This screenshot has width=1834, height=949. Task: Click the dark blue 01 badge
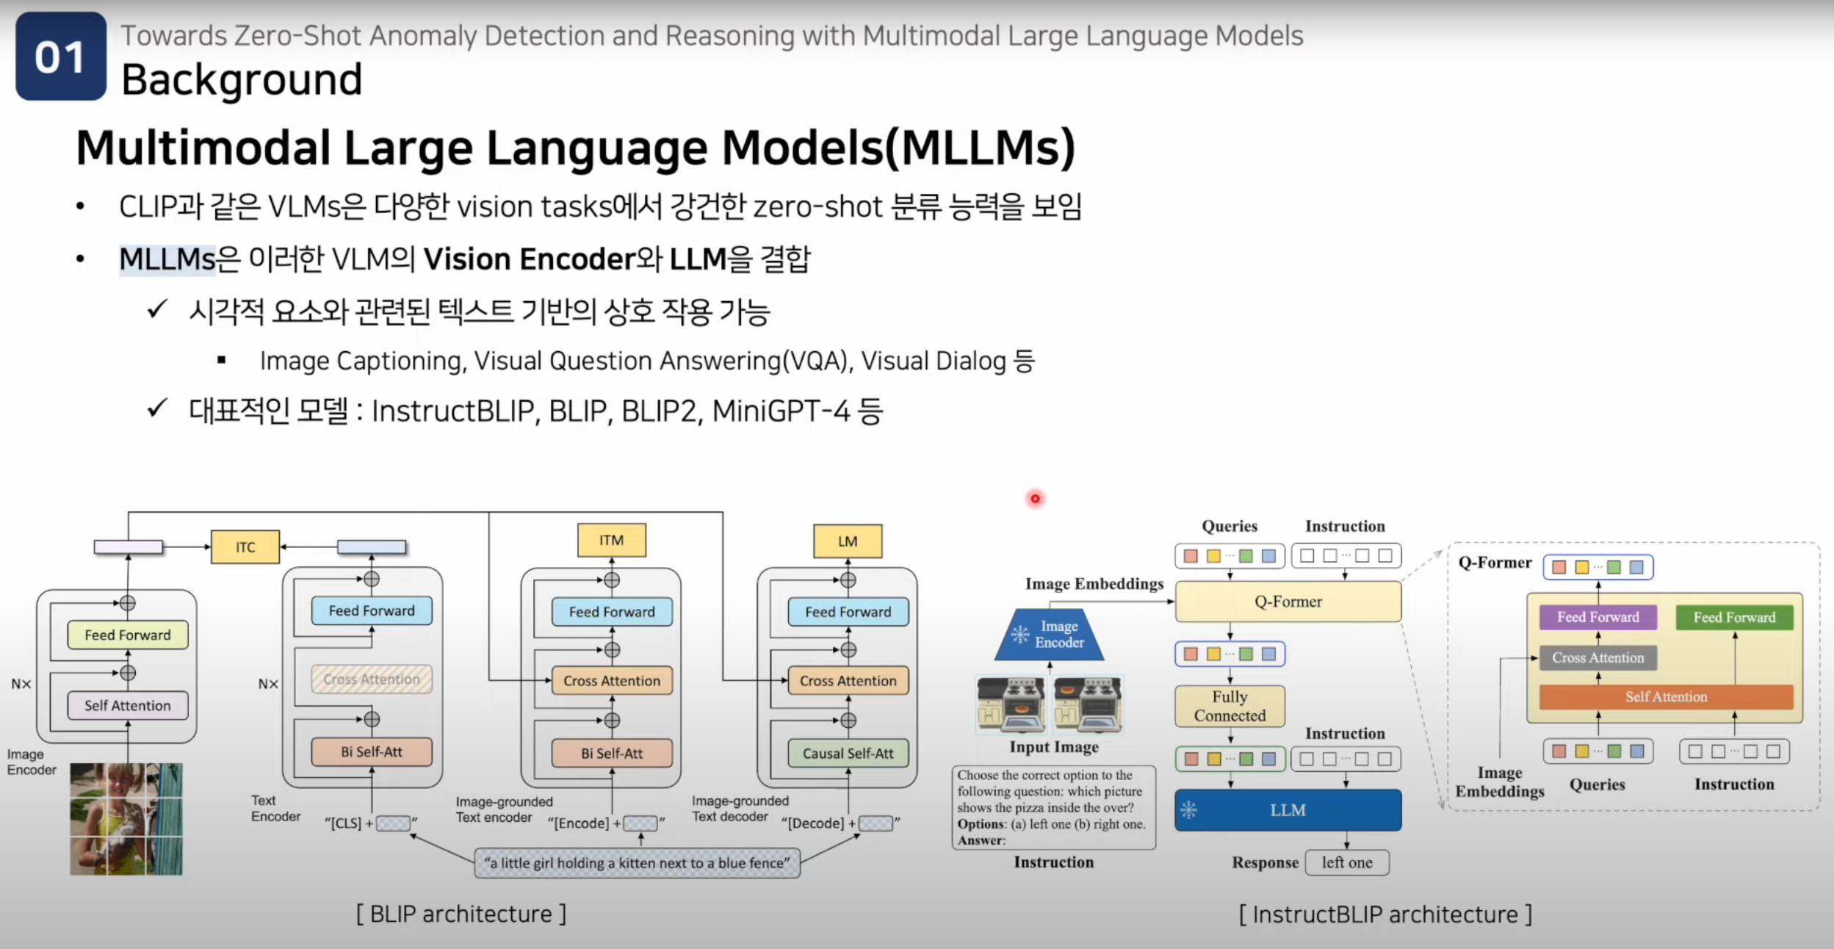(x=61, y=57)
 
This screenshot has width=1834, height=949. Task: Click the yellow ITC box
(x=245, y=547)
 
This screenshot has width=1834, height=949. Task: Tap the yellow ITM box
(x=611, y=541)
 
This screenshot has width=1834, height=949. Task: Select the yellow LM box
(x=848, y=541)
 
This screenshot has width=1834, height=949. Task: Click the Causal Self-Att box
(x=848, y=753)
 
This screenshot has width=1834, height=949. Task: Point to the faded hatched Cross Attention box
(x=372, y=679)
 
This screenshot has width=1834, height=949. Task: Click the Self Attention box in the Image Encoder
(x=127, y=705)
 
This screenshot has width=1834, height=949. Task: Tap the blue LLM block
(x=1288, y=810)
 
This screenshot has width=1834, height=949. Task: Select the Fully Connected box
(x=1230, y=706)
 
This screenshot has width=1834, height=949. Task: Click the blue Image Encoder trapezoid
(x=1050, y=635)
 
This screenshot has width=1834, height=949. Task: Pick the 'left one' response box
(x=1347, y=862)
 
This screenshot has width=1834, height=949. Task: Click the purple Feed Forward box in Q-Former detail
(x=1597, y=617)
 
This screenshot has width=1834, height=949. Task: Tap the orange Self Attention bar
(x=1666, y=696)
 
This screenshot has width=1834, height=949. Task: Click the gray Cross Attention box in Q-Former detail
(x=1597, y=657)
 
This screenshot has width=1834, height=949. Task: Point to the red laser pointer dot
(x=1035, y=499)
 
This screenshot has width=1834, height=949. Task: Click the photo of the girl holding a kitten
(x=126, y=819)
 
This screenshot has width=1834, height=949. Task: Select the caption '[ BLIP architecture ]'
(x=461, y=914)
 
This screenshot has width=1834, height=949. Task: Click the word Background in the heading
(x=242, y=79)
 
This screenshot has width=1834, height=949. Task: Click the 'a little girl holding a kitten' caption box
(x=637, y=863)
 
